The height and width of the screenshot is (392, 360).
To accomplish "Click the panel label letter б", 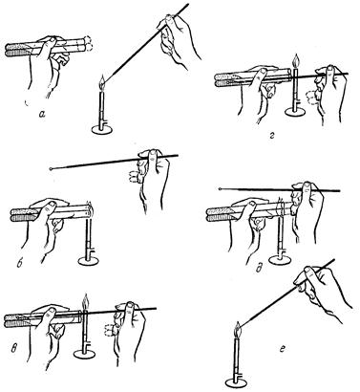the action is [x=19, y=264].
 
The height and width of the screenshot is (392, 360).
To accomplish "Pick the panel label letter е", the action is [x=283, y=349].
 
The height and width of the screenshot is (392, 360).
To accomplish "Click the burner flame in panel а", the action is [x=102, y=82].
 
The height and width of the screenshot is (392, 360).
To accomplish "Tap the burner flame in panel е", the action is [x=238, y=330].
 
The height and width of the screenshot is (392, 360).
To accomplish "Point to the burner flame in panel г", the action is [x=296, y=62].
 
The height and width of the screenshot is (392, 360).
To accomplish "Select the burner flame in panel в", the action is [x=84, y=301].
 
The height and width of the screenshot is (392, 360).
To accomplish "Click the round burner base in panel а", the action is [x=102, y=129].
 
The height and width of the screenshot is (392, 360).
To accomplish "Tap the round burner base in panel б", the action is [x=88, y=261].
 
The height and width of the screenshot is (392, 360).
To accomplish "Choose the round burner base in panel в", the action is [x=84, y=353].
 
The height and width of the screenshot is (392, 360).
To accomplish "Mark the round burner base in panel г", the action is [x=295, y=112].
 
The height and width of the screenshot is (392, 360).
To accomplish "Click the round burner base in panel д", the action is [x=280, y=260].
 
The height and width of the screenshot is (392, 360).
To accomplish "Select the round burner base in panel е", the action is [x=236, y=382].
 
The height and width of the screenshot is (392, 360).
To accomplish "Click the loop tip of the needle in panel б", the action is [x=51, y=169].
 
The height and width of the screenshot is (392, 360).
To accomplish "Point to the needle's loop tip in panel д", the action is [x=221, y=189].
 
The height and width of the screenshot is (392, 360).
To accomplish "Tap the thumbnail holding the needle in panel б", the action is [x=153, y=156].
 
